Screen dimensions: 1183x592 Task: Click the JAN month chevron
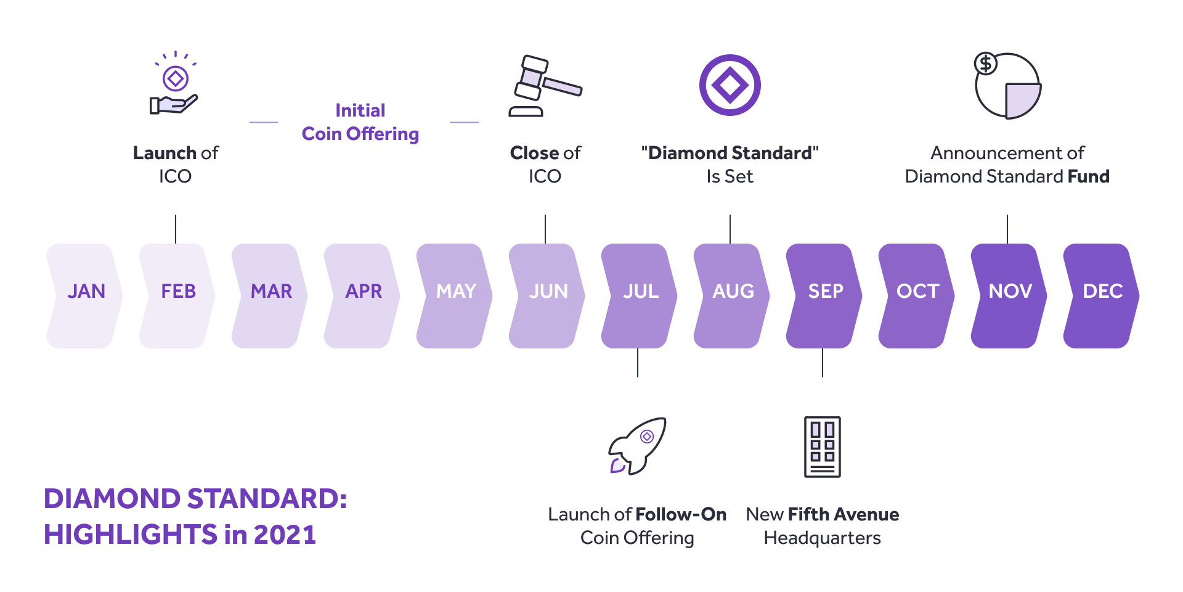85,296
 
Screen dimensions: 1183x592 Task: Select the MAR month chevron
270,296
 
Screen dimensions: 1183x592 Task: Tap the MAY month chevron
455,296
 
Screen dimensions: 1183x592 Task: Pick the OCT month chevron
917,296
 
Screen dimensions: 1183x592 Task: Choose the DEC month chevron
1102,296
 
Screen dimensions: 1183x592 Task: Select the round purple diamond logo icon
730,85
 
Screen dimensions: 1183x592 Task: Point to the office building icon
823,447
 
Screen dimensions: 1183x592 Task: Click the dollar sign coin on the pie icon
986,63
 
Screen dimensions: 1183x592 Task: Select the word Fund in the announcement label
1089,176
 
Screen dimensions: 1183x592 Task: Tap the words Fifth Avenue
844,514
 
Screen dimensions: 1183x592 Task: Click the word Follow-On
681,514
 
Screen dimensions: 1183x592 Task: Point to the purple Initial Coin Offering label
360,122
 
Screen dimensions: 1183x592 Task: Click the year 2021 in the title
285,535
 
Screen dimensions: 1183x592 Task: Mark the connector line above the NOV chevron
1007,229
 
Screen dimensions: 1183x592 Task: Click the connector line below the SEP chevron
823,363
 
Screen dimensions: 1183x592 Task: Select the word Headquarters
823,538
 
